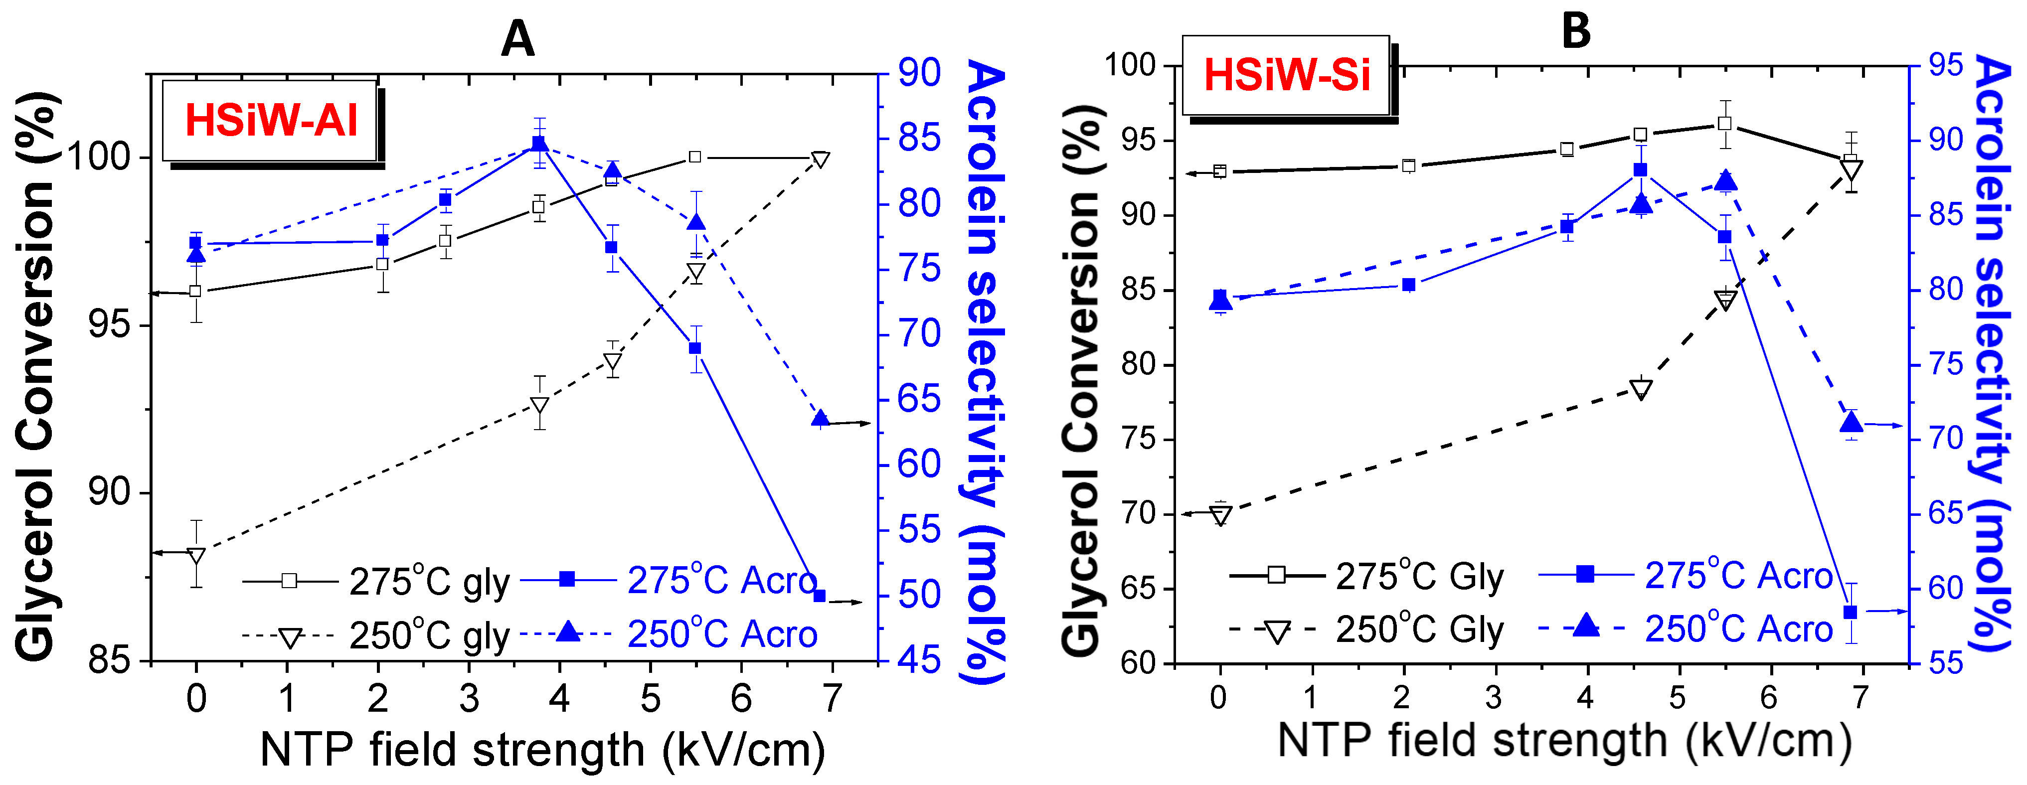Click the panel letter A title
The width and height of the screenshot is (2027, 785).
518,38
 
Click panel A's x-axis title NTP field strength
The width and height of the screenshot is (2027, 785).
542,750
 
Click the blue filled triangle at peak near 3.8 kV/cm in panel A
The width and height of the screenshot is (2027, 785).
539,143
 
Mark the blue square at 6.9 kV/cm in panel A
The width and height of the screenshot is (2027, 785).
819,596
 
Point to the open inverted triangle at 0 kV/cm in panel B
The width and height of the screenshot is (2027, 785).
1220,515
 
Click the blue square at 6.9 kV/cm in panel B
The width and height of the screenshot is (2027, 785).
1851,612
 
